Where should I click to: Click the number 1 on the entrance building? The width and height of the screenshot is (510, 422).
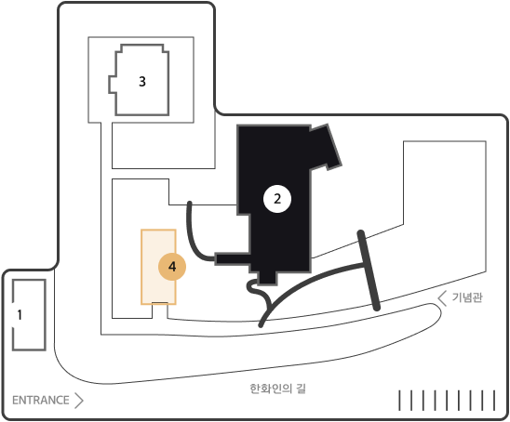pos(20,314)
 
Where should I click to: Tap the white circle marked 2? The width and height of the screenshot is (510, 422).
pos(277,199)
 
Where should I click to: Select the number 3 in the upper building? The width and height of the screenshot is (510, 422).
pos(142,81)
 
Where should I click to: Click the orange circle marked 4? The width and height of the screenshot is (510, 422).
pos(172,267)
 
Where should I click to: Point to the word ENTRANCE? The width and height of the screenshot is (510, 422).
pos(41,400)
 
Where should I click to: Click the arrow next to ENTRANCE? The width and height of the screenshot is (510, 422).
pos(79,401)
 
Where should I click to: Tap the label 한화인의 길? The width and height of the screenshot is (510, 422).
pos(278,389)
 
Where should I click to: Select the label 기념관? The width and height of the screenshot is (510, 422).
pos(467,297)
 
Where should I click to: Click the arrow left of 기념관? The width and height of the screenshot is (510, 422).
pos(442,298)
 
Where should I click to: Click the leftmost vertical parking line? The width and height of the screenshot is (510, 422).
pos(400,401)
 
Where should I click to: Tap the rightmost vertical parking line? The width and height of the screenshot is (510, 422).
pos(494,401)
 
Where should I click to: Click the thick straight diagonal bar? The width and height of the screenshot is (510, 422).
pos(369,270)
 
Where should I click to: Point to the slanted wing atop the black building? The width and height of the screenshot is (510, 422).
pos(325,146)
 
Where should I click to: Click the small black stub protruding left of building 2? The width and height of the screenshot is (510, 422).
pos(233,259)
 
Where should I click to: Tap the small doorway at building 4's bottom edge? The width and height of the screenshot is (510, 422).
pos(160,303)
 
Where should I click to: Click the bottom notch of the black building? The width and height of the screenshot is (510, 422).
pos(267,278)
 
